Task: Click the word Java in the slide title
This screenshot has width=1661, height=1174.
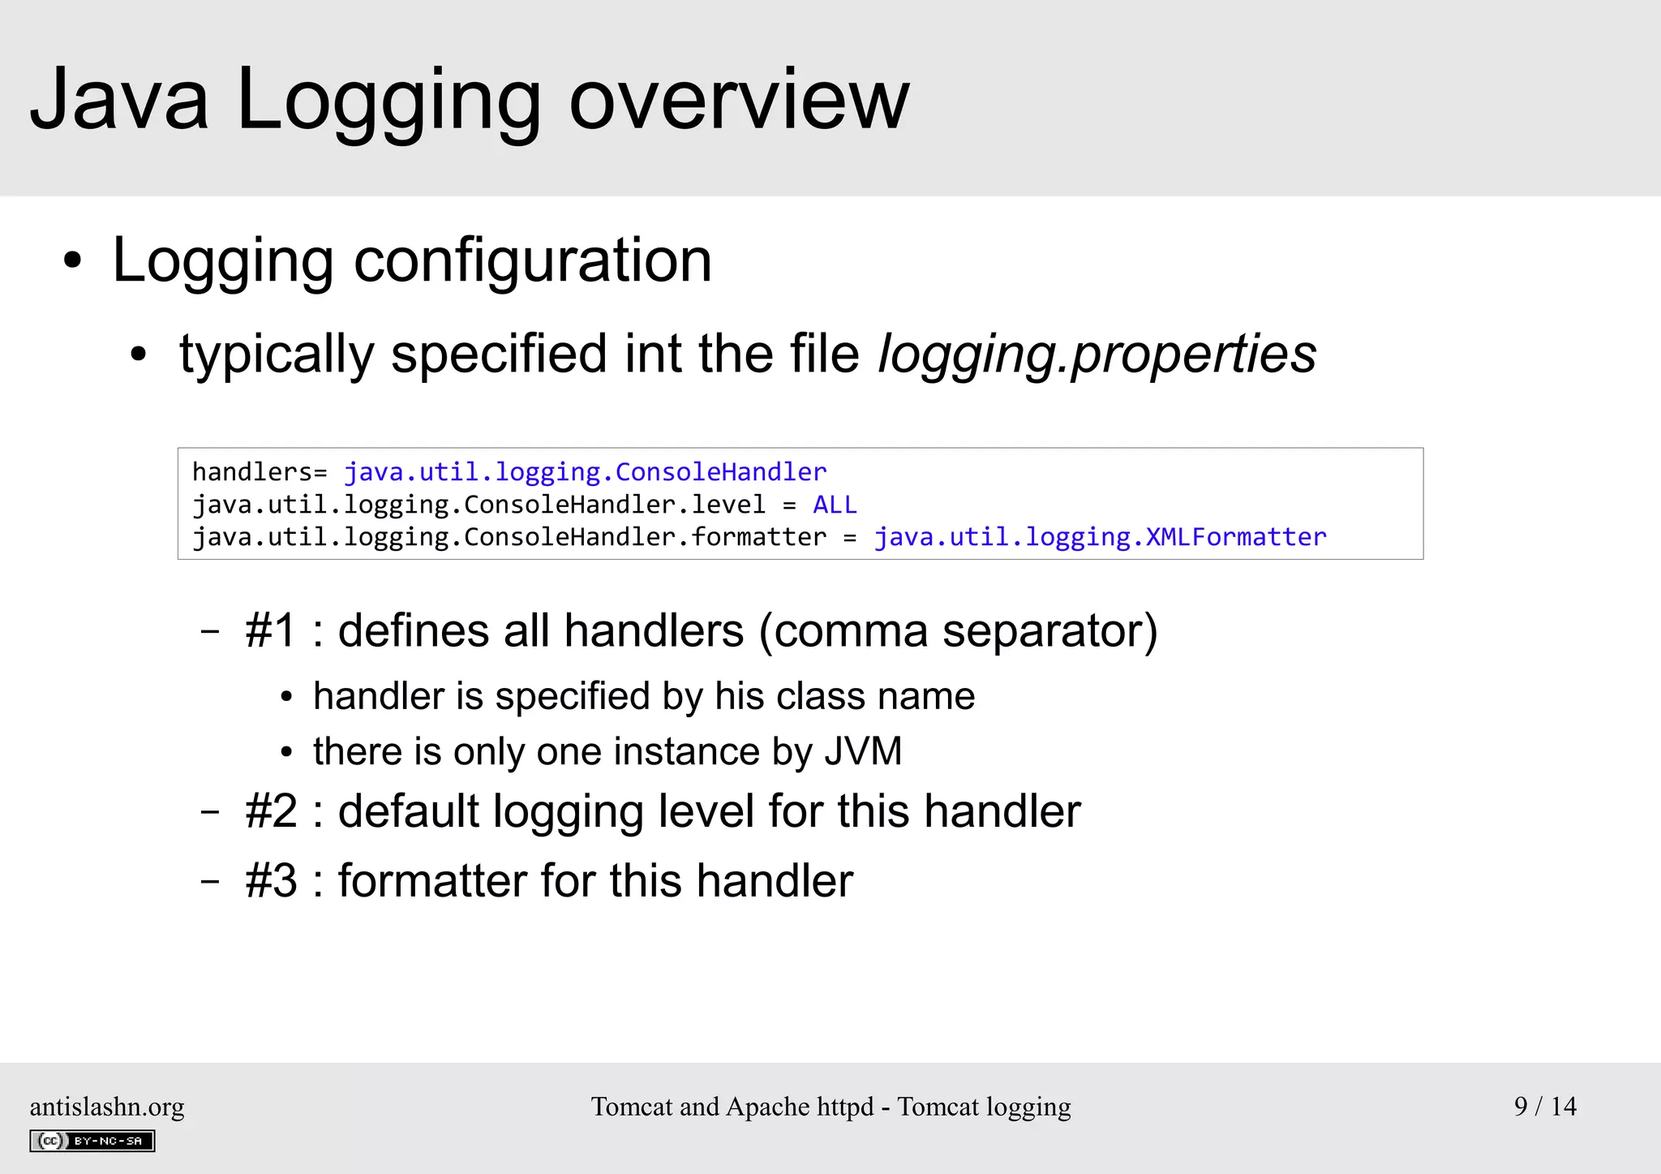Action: [x=120, y=101]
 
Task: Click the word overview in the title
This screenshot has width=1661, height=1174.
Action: [x=739, y=101]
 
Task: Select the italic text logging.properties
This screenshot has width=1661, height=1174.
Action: [x=1097, y=355]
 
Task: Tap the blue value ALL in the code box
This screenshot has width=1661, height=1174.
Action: [x=835, y=505]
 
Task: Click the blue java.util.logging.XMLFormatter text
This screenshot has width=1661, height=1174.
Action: [x=1100, y=537]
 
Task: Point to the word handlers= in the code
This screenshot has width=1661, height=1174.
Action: [x=259, y=472]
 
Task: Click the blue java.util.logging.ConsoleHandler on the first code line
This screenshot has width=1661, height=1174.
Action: [x=585, y=472]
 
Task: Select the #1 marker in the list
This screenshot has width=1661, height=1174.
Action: [x=271, y=631]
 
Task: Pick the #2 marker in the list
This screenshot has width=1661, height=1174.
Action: [x=271, y=811]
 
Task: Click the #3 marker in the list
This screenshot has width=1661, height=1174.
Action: [x=271, y=881]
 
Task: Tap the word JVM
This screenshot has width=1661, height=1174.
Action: [x=863, y=751]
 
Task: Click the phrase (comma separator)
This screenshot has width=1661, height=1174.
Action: [x=958, y=631]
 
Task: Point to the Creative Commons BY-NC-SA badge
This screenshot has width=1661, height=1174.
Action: [x=92, y=1141]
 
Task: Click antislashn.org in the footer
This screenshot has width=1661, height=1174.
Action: [x=107, y=1107]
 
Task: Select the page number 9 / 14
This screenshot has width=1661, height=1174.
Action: [x=1545, y=1106]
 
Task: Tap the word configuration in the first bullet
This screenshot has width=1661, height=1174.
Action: [x=533, y=260]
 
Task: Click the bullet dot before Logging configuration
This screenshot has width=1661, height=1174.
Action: [x=73, y=262]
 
